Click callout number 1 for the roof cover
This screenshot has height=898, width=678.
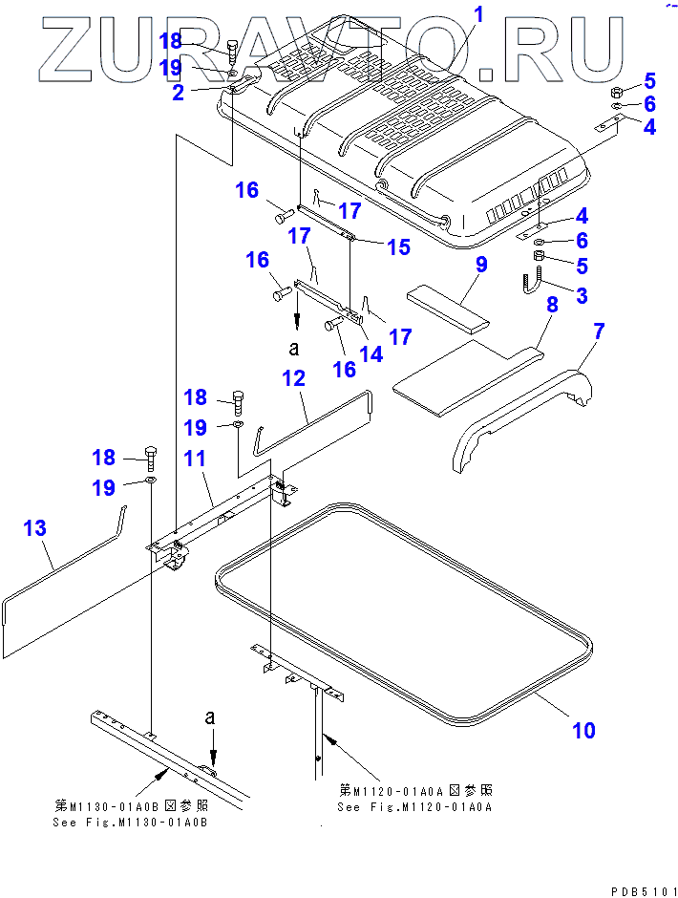tap(478, 14)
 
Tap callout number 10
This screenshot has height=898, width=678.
tap(583, 731)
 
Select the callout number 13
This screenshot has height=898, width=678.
tap(34, 528)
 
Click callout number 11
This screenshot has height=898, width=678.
tap(194, 460)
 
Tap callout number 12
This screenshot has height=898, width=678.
tap(292, 378)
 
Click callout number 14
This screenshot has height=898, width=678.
tap(370, 353)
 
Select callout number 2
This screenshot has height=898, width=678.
tap(179, 93)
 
